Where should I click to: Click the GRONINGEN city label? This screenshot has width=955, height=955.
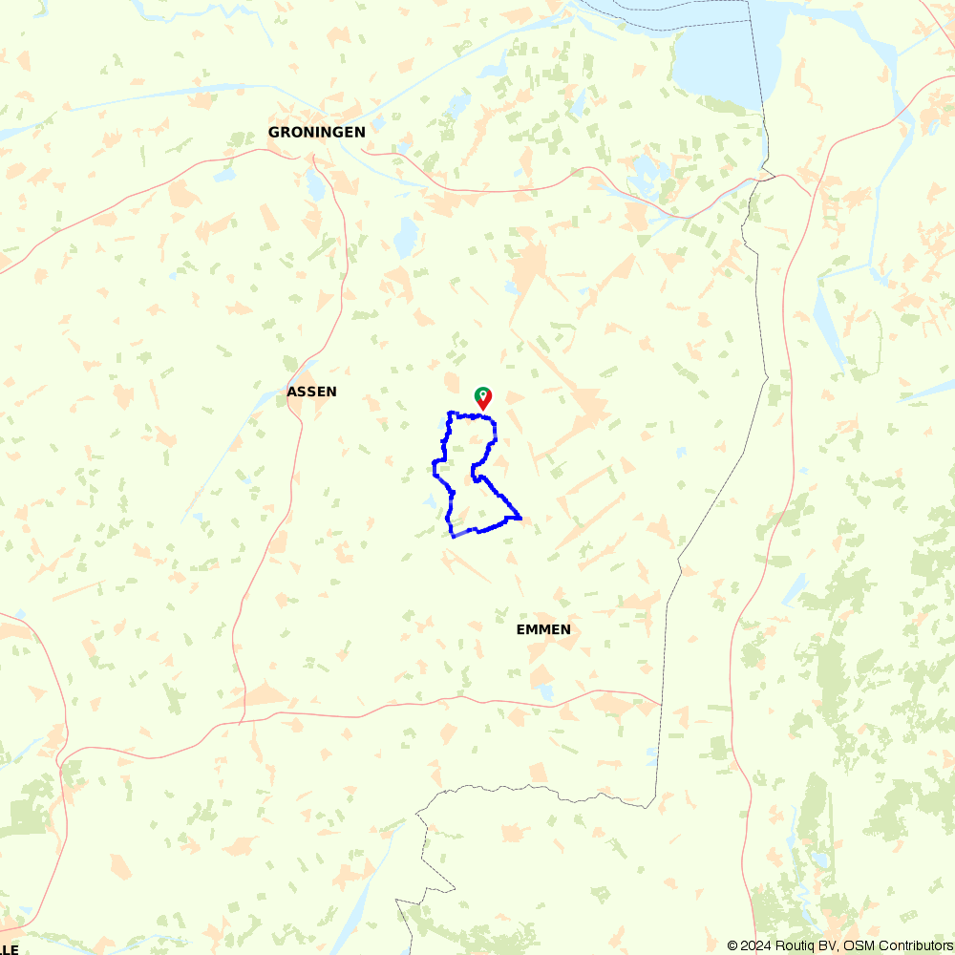tap(316, 132)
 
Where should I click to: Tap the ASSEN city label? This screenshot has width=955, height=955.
tap(311, 392)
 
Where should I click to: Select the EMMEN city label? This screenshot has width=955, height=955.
tap(543, 629)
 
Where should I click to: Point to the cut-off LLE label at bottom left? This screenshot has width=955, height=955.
tap(10, 948)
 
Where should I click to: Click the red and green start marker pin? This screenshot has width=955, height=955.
tap(483, 397)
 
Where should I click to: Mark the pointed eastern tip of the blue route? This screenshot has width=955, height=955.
tap(520, 518)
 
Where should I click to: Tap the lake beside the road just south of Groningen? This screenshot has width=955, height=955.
tap(316, 185)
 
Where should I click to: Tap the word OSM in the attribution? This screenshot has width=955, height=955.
tap(859, 945)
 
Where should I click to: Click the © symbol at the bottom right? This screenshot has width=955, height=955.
tap(732, 945)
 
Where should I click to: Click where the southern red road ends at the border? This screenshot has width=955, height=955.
tap(661, 705)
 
